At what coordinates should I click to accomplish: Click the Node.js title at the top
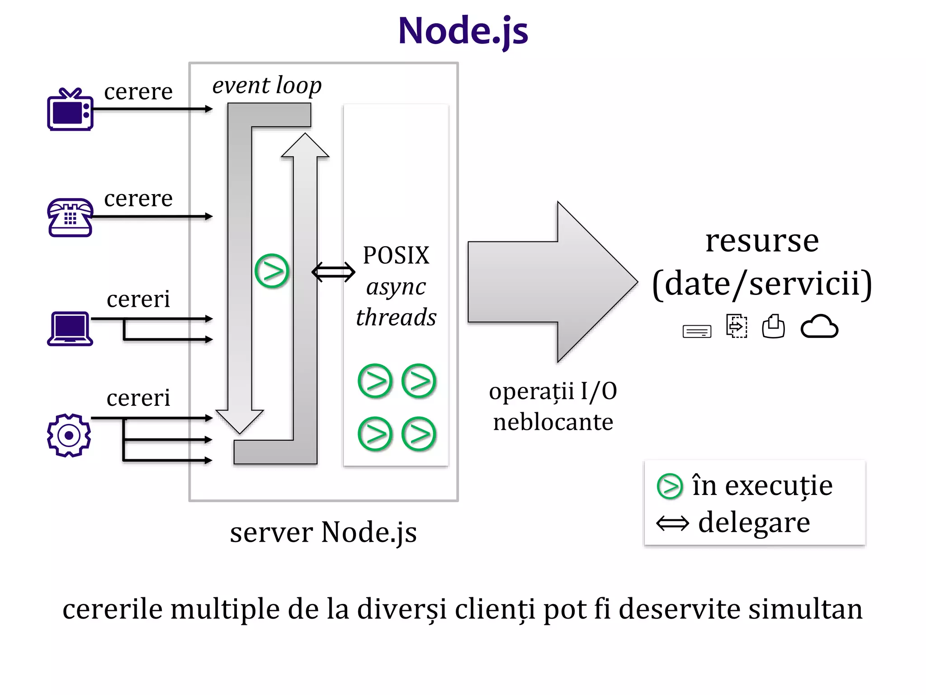[x=463, y=31]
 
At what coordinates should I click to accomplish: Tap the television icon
[x=70, y=110]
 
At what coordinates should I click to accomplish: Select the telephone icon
[x=70, y=218]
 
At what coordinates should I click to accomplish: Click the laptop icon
[x=70, y=329]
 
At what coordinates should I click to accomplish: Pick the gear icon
[x=69, y=435]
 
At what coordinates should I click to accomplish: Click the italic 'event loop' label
[x=267, y=85]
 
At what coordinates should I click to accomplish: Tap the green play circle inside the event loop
[x=271, y=271]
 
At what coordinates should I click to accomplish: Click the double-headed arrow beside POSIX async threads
[x=333, y=272]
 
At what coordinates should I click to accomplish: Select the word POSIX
[x=396, y=255]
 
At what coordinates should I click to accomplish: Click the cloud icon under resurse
[x=819, y=327]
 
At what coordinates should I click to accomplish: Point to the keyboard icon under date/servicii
[x=696, y=331]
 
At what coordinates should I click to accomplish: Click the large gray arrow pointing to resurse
[x=552, y=282]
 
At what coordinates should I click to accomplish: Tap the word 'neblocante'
[x=553, y=422]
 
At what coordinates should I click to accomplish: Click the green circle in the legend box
[x=670, y=486]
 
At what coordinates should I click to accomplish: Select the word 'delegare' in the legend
[x=754, y=523]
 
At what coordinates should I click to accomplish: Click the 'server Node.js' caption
[x=323, y=532]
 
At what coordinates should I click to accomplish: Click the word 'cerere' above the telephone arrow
[x=138, y=198]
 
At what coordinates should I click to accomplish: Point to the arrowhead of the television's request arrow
[x=209, y=109]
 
